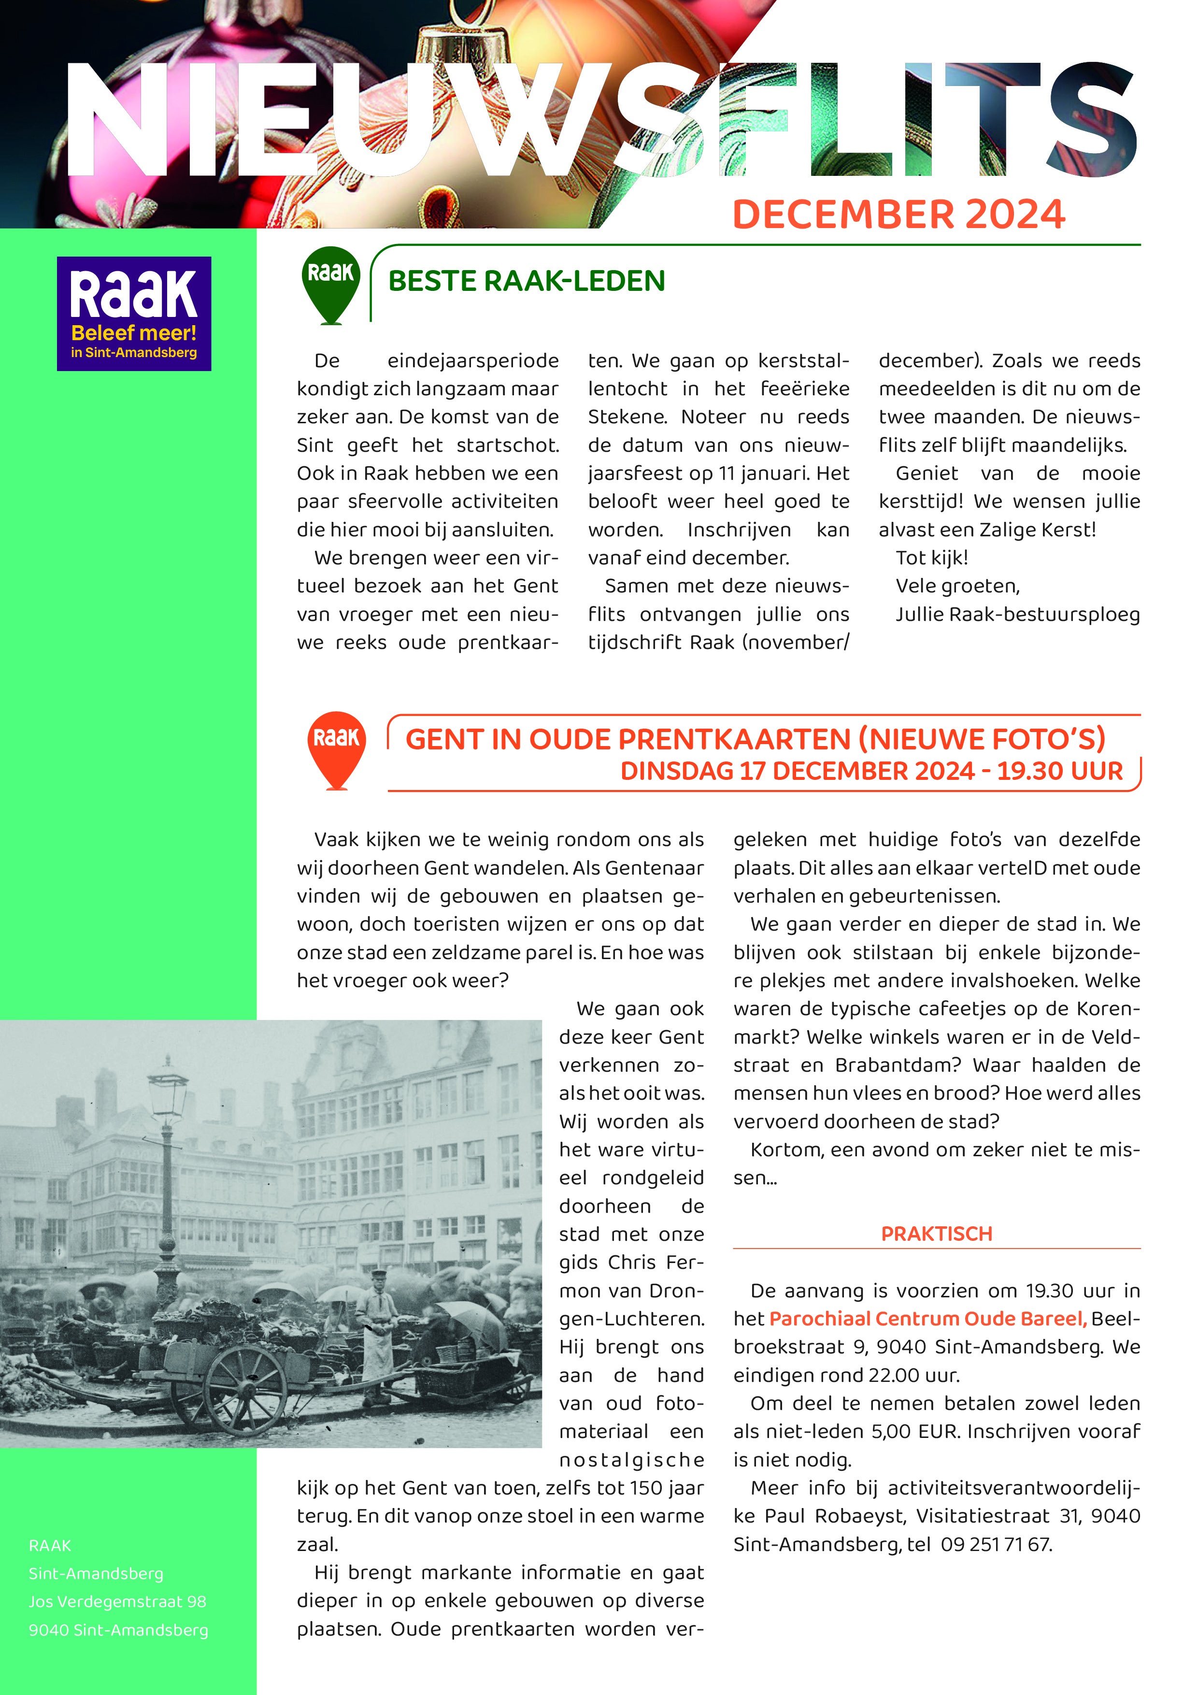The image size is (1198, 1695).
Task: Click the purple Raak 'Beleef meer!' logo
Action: pyautogui.click(x=134, y=313)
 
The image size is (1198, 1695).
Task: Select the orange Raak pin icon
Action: pyautogui.click(x=337, y=747)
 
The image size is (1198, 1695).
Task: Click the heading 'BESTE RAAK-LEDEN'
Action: pyautogui.click(x=526, y=281)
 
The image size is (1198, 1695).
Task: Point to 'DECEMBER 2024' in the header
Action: pyautogui.click(x=898, y=215)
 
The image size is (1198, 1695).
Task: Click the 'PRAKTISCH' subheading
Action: pyautogui.click(x=936, y=1234)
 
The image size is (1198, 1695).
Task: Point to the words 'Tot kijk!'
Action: pyautogui.click(x=931, y=558)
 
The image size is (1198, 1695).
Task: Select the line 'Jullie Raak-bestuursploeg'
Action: pyautogui.click(x=1017, y=614)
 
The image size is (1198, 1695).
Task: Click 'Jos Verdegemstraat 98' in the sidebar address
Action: pyautogui.click(x=117, y=1601)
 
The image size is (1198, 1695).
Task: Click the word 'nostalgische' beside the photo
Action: pyautogui.click(x=631, y=1460)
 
